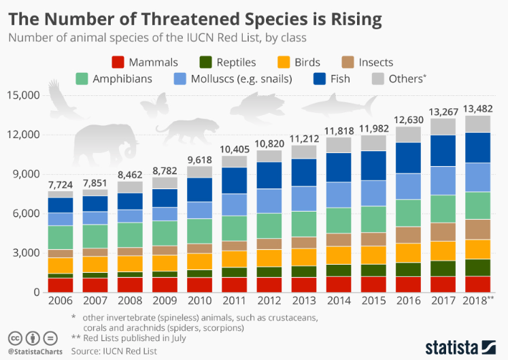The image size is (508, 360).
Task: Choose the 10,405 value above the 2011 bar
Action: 234,148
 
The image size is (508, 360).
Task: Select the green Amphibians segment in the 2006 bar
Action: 60,237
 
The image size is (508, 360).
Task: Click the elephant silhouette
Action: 106,146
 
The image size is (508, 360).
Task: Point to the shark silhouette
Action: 340,105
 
